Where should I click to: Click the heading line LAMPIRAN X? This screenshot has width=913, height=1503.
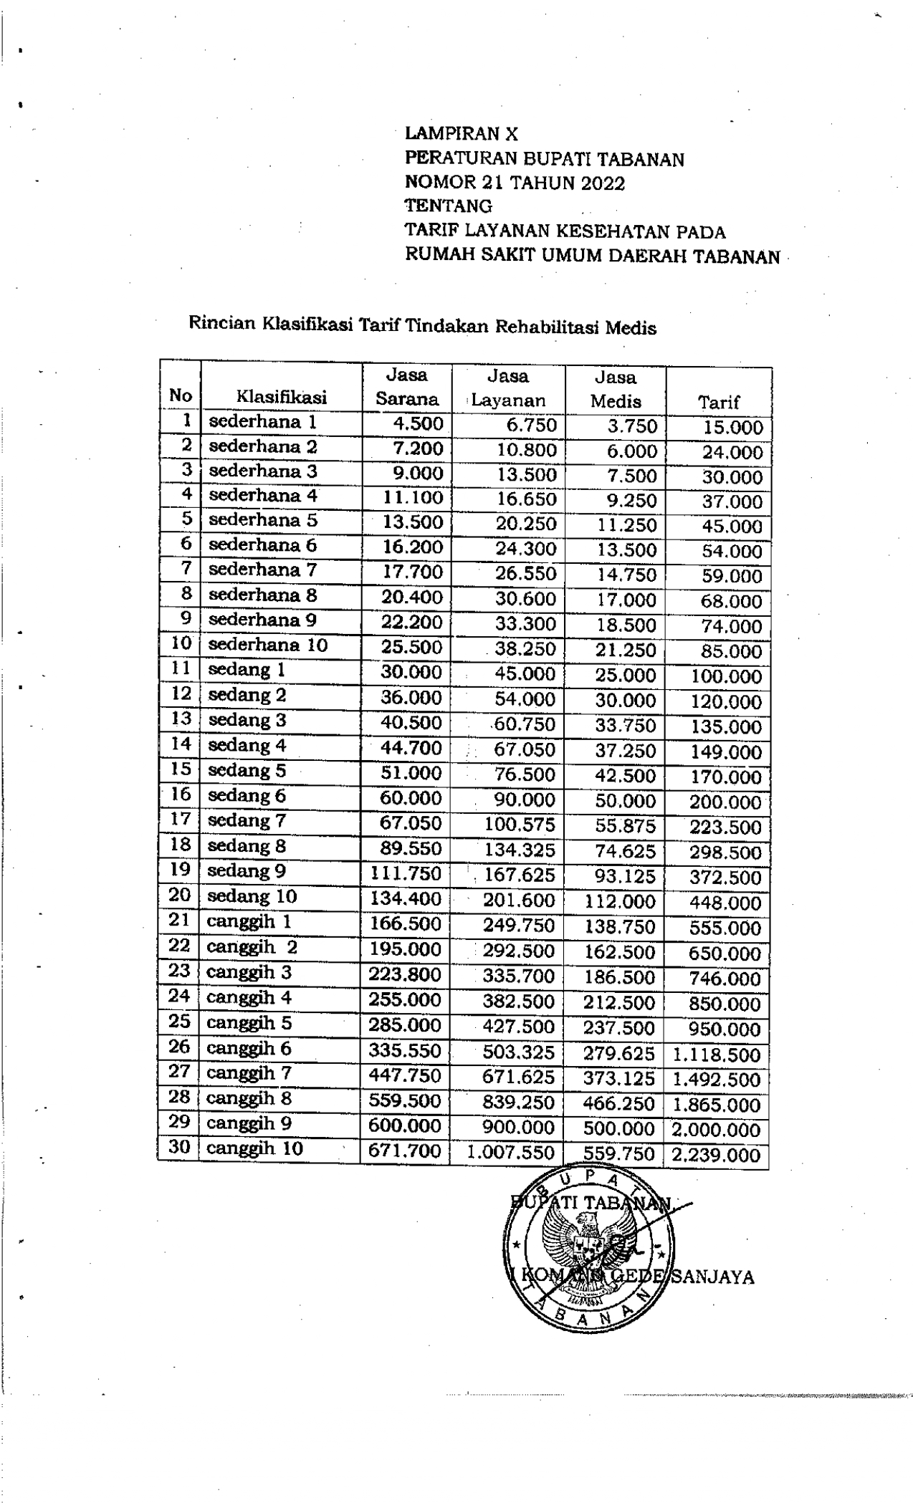tap(461, 133)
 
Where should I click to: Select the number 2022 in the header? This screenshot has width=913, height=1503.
tap(603, 183)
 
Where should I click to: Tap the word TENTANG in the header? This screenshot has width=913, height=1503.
tap(449, 206)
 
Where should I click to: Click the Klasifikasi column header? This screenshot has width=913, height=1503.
tap(282, 397)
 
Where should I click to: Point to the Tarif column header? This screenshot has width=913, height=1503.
tap(719, 402)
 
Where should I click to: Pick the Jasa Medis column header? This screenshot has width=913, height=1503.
tap(616, 389)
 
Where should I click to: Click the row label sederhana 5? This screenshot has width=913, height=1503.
tap(263, 520)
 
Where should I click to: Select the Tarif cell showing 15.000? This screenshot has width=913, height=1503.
tap(732, 428)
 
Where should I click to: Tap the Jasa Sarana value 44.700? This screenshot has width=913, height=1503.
tap(411, 749)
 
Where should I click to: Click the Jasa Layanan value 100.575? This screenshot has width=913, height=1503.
tap(520, 824)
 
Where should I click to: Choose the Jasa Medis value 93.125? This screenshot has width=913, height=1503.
tap(626, 875)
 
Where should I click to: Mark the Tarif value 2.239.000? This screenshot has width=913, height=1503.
tap(716, 1155)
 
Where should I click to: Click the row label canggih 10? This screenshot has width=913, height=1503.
tap(254, 1148)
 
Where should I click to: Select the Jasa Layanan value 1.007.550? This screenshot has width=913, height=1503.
tap(511, 1153)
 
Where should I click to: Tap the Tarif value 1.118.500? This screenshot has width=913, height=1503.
tap(716, 1055)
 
